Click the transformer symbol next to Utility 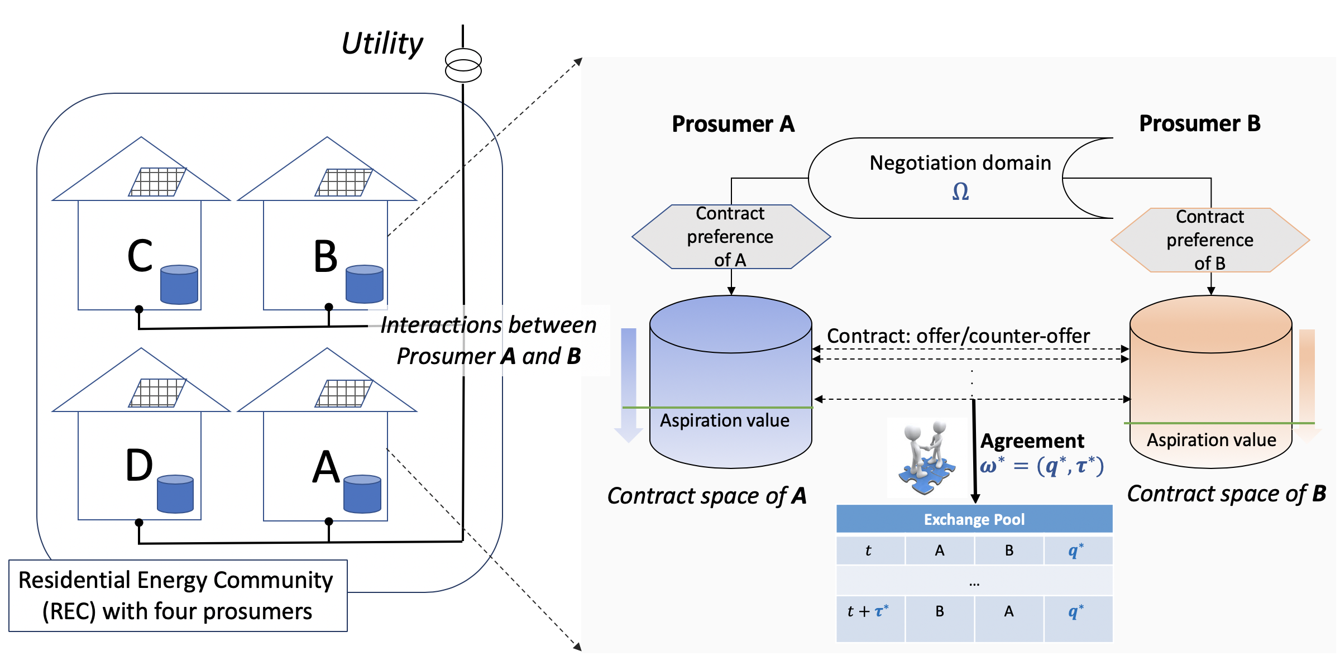point(463,65)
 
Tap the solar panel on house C point(157,182)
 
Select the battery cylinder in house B point(365,284)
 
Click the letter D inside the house point(139,466)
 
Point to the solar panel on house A point(344,394)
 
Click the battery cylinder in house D point(175,494)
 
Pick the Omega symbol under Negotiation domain point(960,192)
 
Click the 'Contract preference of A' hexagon point(731,237)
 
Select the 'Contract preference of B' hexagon point(1210,240)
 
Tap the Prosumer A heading point(733,124)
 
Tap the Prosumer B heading point(1200,123)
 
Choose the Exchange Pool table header point(974,519)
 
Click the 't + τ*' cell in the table point(869,612)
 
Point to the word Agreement point(1032,441)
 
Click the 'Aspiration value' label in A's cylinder point(725,420)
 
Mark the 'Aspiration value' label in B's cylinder point(1211,440)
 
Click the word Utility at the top point(382,44)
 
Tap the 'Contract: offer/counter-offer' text point(958,336)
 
